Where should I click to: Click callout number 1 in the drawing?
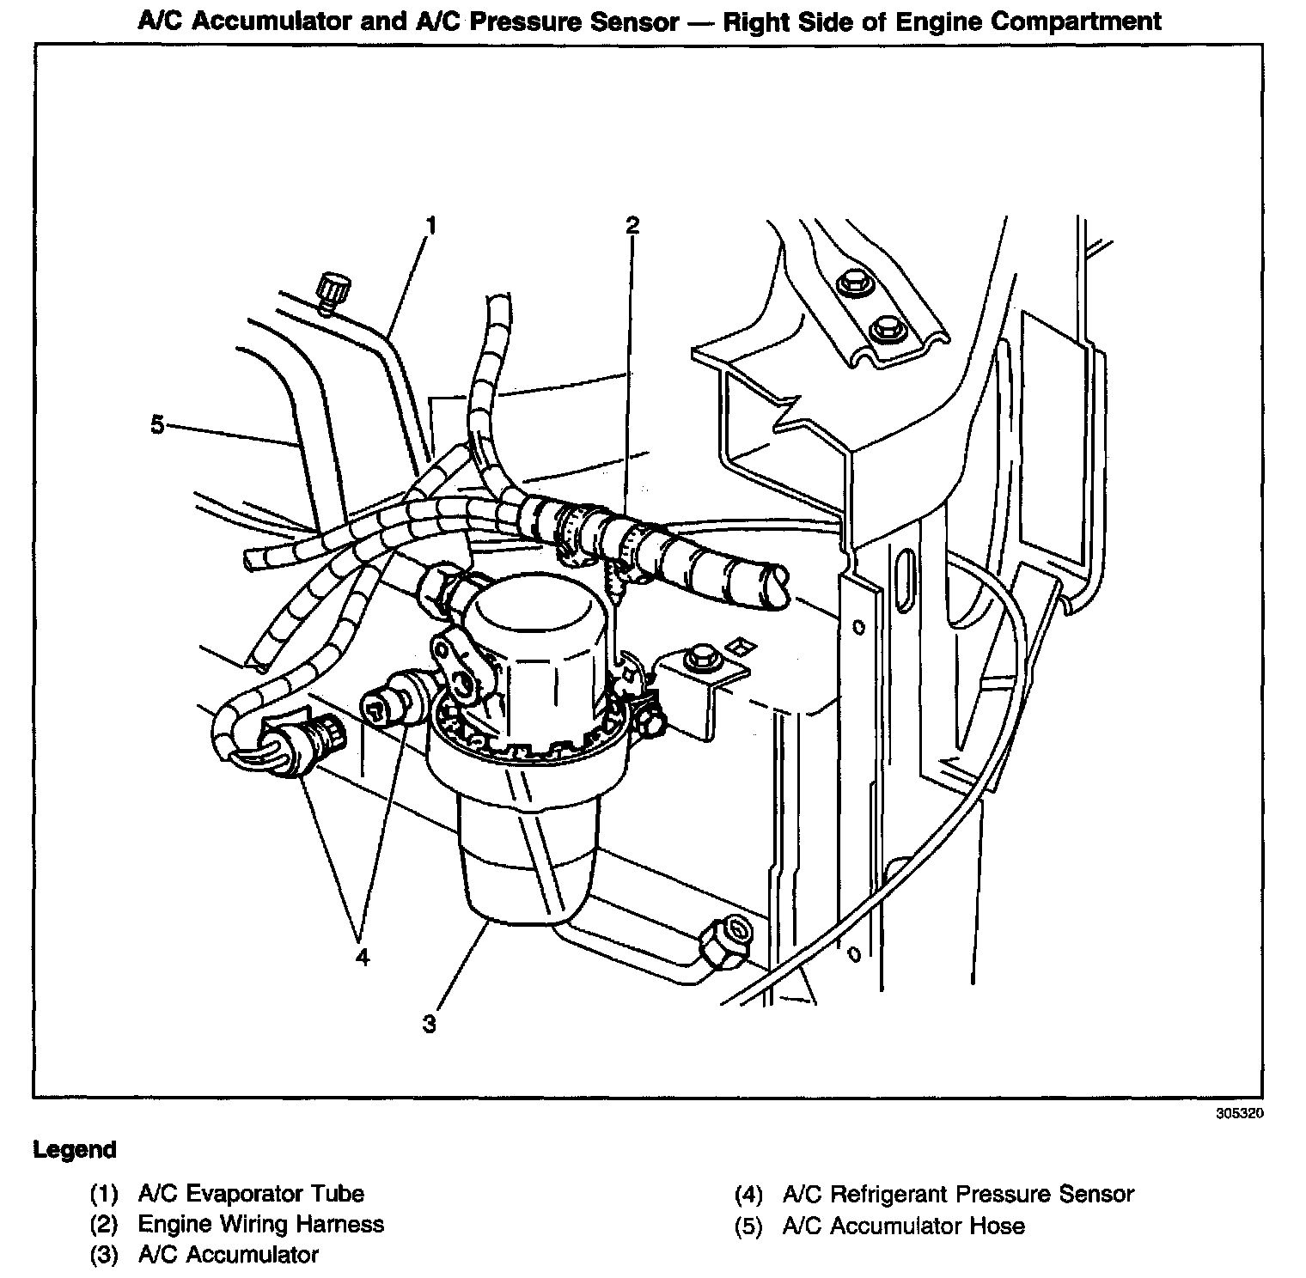click(x=431, y=226)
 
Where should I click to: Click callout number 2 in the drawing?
click(x=632, y=226)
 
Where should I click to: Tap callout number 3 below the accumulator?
click(x=430, y=1024)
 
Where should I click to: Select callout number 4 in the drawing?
click(x=363, y=956)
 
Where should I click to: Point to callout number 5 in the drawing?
click(x=157, y=424)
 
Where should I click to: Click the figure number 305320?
click(x=1240, y=1114)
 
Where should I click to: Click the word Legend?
click(x=75, y=1149)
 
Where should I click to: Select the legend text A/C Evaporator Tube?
click(x=251, y=1194)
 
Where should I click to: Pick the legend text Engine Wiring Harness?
click(x=261, y=1224)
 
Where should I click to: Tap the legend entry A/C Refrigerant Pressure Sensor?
click(x=958, y=1194)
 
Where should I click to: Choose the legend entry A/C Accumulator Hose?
click(x=904, y=1226)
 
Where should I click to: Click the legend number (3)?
click(x=103, y=1255)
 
